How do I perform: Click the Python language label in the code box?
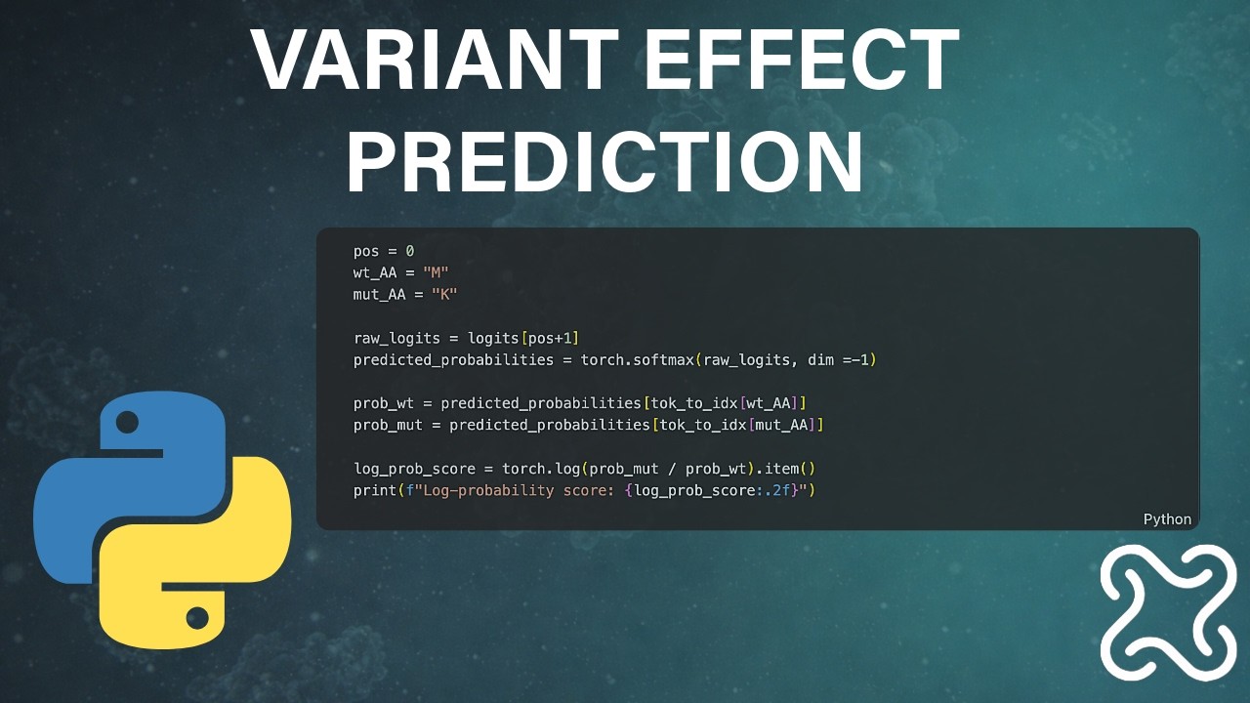pyautogui.click(x=1167, y=519)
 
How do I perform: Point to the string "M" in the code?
pyautogui.click(x=436, y=273)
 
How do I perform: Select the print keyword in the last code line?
pyautogui.click(x=375, y=490)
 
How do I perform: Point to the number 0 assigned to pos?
pyautogui.click(x=410, y=252)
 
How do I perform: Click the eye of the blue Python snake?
pyautogui.click(x=127, y=422)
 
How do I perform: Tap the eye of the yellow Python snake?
pyautogui.click(x=197, y=617)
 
